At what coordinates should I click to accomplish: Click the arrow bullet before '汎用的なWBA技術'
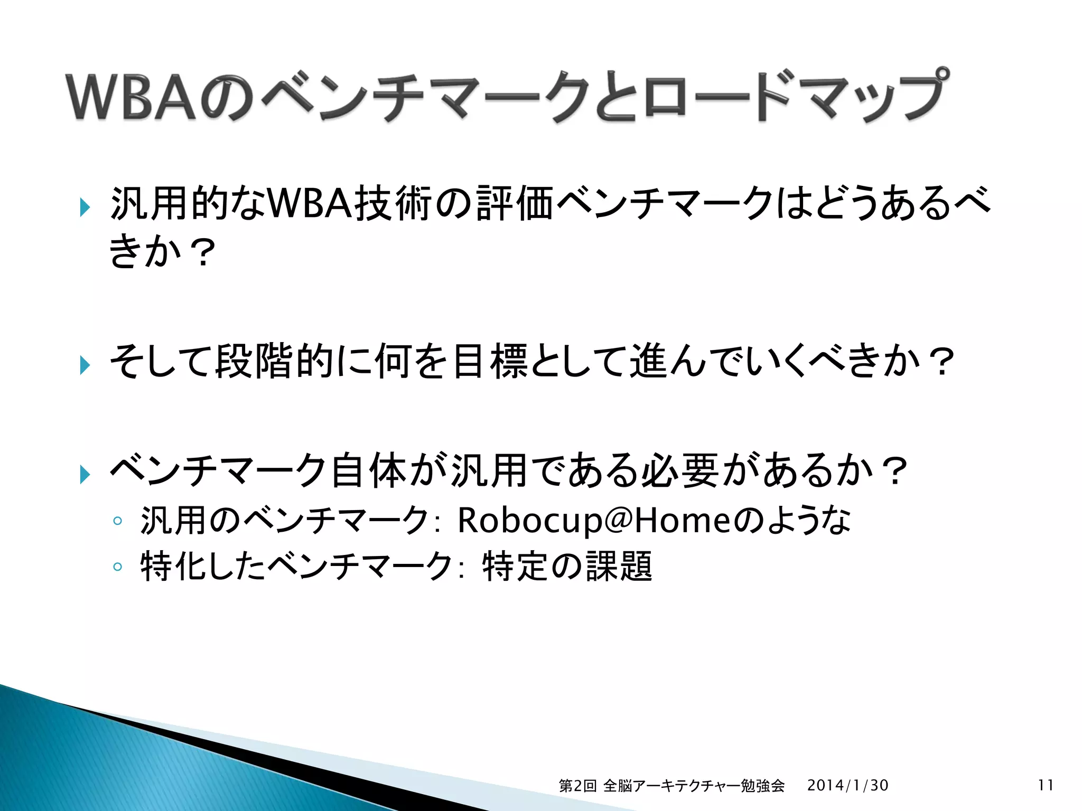click(85, 207)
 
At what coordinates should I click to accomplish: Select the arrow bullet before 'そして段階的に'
click(85, 365)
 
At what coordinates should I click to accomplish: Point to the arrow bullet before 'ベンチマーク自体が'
click(85, 474)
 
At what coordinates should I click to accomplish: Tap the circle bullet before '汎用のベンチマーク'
click(117, 521)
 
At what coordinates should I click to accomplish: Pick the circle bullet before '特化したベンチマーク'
click(117, 567)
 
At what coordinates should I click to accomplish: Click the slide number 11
click(1046, 785)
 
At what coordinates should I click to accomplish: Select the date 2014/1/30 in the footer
click(847, 785)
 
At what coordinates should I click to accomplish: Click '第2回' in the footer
click(577, 786)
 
